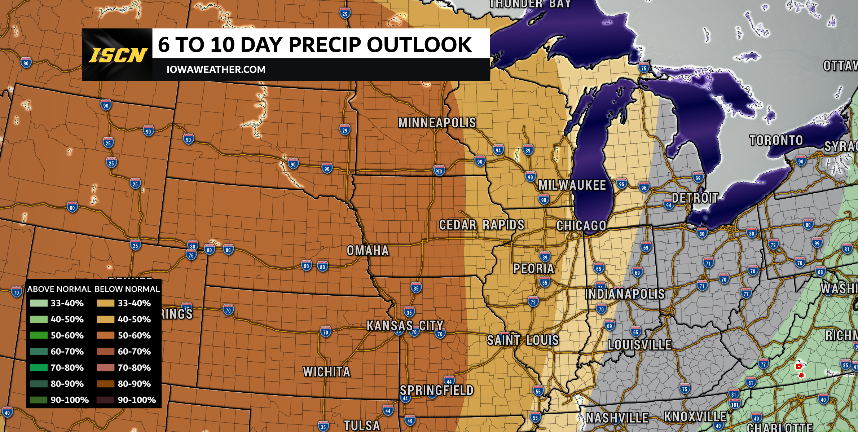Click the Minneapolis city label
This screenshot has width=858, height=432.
tap(437, 123)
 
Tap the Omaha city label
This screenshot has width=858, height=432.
tap(368, 251)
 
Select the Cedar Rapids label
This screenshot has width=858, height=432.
tap(481, 225)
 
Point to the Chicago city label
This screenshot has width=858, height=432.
tap(581, 226)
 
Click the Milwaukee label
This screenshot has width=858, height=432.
tap(572, 185)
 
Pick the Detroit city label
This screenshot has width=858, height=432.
tap(695, 198)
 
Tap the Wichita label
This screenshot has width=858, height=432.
tap(326, 372)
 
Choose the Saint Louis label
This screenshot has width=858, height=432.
tap(523, 340)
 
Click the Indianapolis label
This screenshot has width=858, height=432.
tap(625, 294)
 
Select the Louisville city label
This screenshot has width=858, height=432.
tap(639, 345)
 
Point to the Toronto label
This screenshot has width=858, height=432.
tap(776, 140)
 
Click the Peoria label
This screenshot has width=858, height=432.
tap(533, 269)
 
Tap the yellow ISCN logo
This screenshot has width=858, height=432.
tap(118, 56)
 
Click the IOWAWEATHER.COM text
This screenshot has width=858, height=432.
tap(216, 70)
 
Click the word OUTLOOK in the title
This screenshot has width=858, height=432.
tap(419, 45)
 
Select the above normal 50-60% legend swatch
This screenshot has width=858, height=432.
tap(39, 335)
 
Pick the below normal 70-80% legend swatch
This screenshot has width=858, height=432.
tap(105, 367)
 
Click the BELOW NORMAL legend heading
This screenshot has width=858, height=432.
tap(127, 289)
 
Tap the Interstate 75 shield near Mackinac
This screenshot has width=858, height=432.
tap(644, 67)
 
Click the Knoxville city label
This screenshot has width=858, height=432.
tap(695, 417)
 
